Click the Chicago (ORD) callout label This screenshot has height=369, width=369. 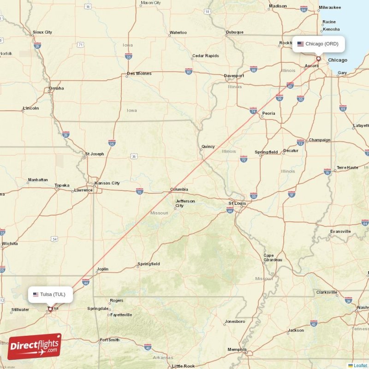[x=318, y=44]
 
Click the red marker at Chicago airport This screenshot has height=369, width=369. [x=318, y=59]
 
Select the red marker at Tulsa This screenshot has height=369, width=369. [x=50, y=309]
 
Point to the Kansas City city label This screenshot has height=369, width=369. [x=107, y=183]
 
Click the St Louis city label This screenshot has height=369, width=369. [x=238, y=203]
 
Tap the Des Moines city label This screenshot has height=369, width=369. [x=139, y=74]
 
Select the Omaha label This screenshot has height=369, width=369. [x=56, y=88]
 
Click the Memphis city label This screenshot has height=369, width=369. [x=237, y=350]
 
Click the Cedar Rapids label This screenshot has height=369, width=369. [x=206, y=56]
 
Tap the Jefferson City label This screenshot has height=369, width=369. [x=185, y=203]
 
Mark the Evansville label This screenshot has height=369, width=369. [x=340, y=231]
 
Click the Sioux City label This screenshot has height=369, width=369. [x=42, y=32]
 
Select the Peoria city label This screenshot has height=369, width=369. [x=268, y=113]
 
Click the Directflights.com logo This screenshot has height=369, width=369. [x=34, y=346]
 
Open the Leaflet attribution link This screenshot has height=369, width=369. [x=360, y=365]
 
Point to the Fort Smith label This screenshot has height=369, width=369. [x=109, y=340]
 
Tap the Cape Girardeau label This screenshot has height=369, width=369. [x=272, y=257]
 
